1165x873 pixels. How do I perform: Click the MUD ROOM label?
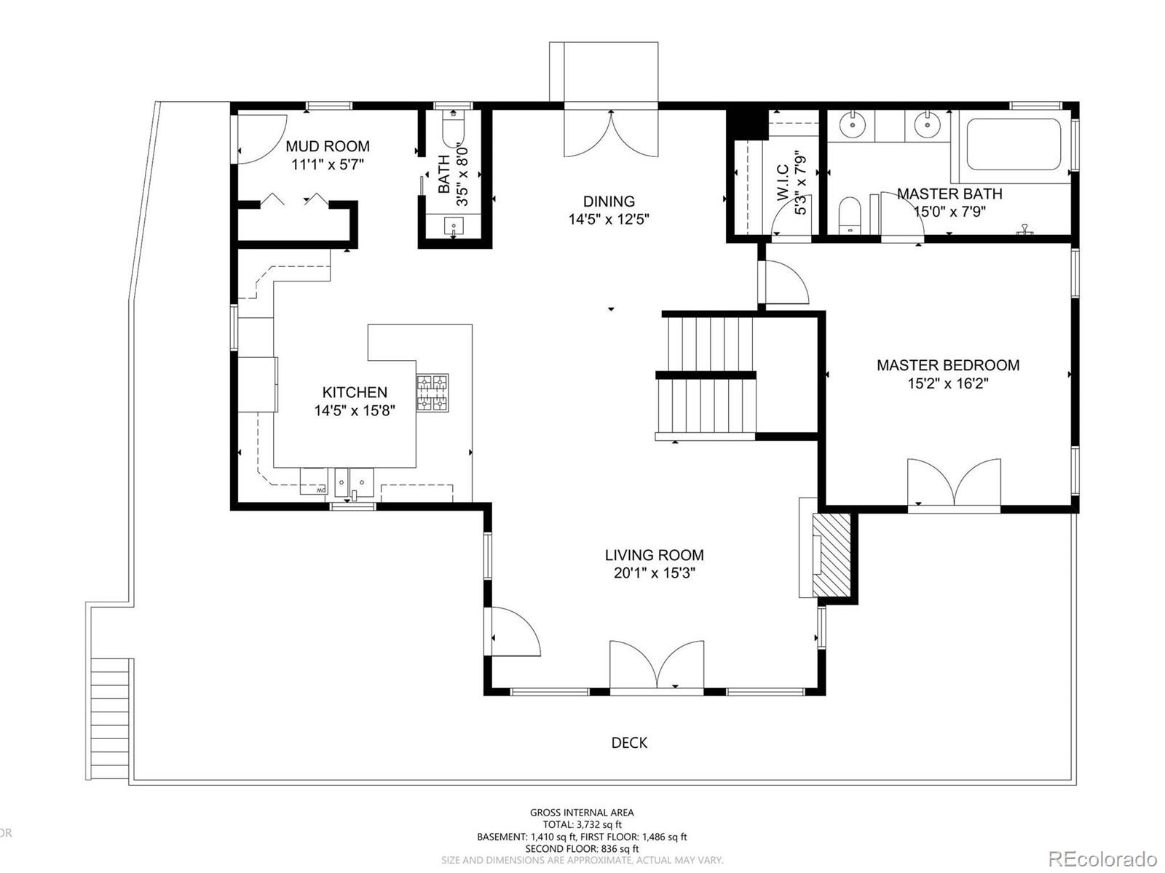[328, 146]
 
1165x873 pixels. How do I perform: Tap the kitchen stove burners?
[432, 393]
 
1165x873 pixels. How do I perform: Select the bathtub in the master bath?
[1014, 145]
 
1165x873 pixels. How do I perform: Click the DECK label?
[629, 743]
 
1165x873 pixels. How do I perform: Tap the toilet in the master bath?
[850, 215]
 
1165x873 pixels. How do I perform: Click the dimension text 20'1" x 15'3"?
[655, 573]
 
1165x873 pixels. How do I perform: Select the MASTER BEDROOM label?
[948, 365]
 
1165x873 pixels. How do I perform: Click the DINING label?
[609, 202]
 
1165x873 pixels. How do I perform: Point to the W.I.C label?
[782, 183]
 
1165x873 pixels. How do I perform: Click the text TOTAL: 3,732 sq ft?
[582, 824]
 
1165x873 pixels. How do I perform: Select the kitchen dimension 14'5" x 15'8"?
[355, 410]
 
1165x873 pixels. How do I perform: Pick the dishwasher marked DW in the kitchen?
[313, 482]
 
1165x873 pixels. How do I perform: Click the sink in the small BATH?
[454, 226]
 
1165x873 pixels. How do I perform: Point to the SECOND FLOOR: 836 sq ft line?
[582, 848]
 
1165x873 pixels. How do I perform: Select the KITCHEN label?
[355, 392]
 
